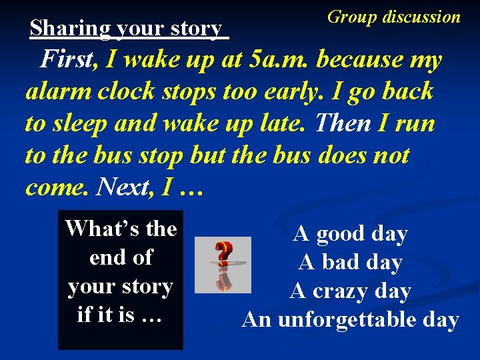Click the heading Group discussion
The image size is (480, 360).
393,17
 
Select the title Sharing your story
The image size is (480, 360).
127,29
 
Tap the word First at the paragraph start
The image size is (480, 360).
69,60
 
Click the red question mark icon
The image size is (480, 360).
223,263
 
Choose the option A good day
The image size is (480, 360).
350,234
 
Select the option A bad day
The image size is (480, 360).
350,263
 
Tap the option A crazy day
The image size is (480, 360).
350,291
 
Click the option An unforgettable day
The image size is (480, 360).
350,320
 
